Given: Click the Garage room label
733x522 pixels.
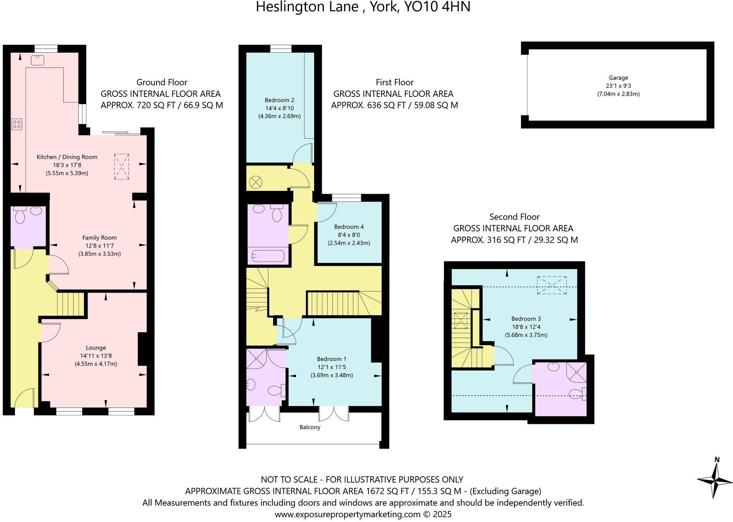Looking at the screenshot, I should [618, 78].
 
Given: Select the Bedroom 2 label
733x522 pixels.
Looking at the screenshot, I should [279, 100].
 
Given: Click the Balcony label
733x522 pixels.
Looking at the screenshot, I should [310, 427].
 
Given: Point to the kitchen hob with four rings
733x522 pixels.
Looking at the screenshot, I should [17, 124].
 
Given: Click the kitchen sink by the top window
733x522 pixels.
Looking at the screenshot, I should [38, 60].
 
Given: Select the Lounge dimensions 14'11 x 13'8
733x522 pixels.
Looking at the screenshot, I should [96, 356].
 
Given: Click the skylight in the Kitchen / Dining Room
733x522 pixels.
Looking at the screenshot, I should [121, 167].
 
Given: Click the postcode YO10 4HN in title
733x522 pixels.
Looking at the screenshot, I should [436, 7].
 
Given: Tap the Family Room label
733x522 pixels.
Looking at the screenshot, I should [99, 238].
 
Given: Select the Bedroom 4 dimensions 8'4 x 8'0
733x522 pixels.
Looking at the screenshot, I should [349, 235].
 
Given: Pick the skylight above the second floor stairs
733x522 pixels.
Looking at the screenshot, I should [461, 320].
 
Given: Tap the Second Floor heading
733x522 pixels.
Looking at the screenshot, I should [514, 217].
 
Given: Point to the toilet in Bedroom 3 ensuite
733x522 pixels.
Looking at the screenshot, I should [577, 393].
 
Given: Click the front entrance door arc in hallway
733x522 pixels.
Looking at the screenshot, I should [24, 397].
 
